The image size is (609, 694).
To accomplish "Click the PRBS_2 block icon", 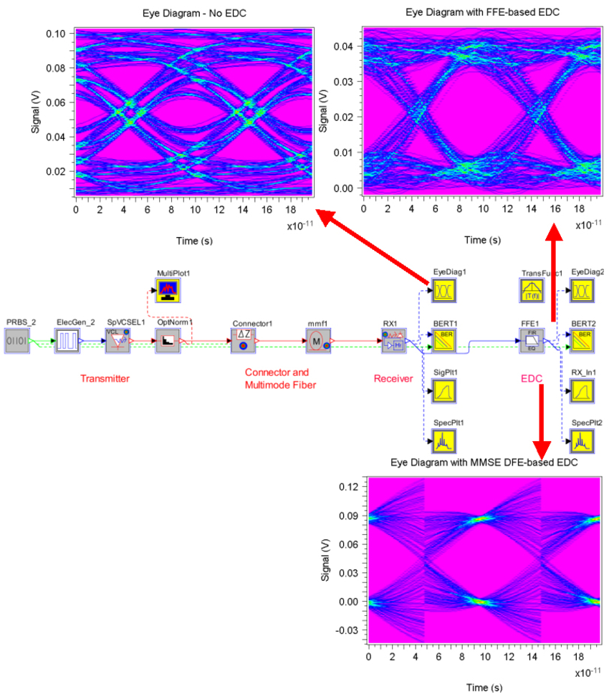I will point(17,341).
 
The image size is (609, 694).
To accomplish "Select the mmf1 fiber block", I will point(317,341).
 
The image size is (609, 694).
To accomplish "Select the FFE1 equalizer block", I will point(532,339).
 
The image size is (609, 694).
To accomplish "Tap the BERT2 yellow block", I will point(582,339).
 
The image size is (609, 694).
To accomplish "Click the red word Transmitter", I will point(105,379).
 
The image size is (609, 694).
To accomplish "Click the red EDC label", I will point(532,378).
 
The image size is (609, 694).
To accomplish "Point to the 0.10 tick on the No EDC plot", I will point(56,34).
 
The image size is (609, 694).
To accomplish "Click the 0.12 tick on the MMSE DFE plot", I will point(347,486).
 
